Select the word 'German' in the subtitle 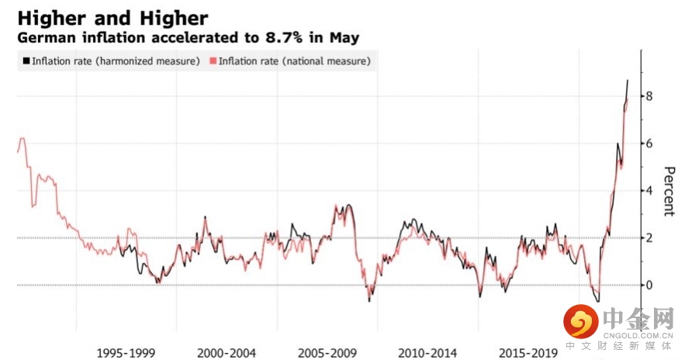[44, 37]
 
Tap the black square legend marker [26, 61]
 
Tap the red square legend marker [213, 61]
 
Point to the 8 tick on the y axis [649, 96]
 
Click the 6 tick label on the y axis [649, 144]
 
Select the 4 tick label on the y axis [649, 191]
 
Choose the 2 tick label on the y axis [649, 237]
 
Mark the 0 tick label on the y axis [649, 285]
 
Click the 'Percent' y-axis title [668, 191]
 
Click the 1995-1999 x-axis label [126, 354]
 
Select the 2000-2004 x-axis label [226, 354]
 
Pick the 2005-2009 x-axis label [327, 354]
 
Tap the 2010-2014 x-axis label [427, 354]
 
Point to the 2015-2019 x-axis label [528, 354]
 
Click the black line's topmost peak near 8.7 [628, 80]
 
